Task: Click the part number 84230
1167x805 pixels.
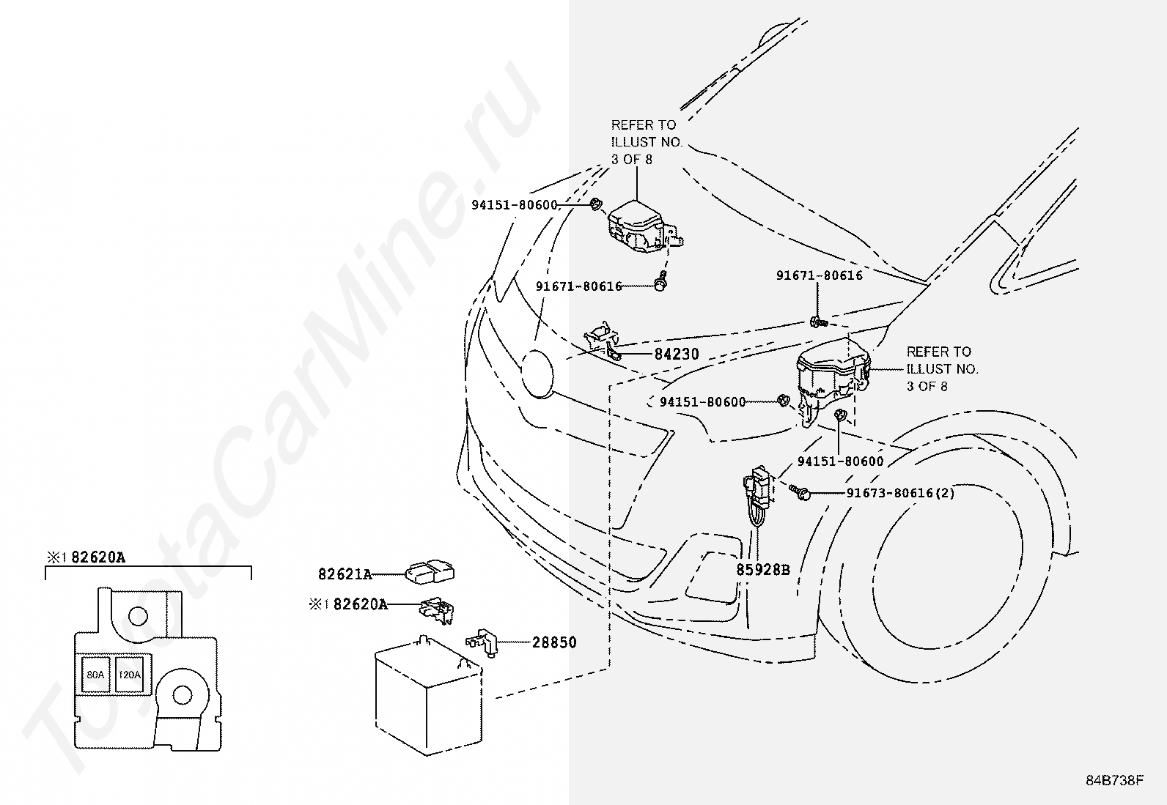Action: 676,355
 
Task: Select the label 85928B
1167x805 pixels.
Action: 763,568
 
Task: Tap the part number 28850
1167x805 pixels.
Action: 554,642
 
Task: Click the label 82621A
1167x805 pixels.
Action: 345,574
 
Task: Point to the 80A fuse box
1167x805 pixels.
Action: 95,675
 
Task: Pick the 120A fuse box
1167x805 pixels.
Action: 129,675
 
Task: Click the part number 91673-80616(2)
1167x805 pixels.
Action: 900,493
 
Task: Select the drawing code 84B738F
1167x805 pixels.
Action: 1115,780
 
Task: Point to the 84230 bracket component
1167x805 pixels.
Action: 603,341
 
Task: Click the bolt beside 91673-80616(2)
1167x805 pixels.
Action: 800,492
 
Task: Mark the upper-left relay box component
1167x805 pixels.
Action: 638,226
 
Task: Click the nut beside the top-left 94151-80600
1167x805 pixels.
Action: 596,203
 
